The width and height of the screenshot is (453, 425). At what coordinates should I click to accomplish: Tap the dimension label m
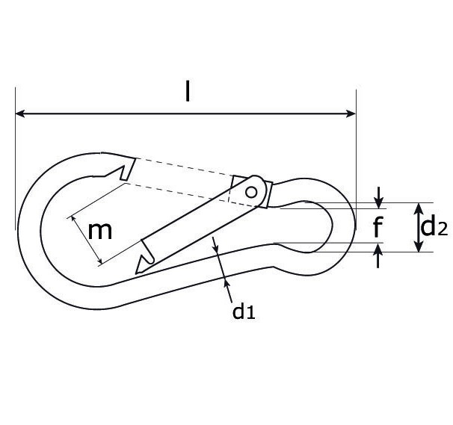coord(100,230)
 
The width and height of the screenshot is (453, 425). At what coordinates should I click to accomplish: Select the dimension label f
coord(380,226)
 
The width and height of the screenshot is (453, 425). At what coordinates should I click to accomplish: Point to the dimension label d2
coord(434,226)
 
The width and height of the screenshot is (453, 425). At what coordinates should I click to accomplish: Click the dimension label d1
coord(244,311)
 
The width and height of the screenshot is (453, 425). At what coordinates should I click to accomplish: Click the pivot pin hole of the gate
coord(252,192)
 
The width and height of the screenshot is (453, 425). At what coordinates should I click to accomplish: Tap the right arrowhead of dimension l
coord(351,114)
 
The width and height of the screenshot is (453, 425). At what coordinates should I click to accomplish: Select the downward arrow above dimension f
coord(380,200)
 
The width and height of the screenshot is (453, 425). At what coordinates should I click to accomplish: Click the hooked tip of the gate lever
coord(142,263)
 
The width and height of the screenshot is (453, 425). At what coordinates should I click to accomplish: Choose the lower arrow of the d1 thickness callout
coord(225,279)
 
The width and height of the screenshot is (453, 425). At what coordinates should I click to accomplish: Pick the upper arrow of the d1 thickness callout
coord(215,246)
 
